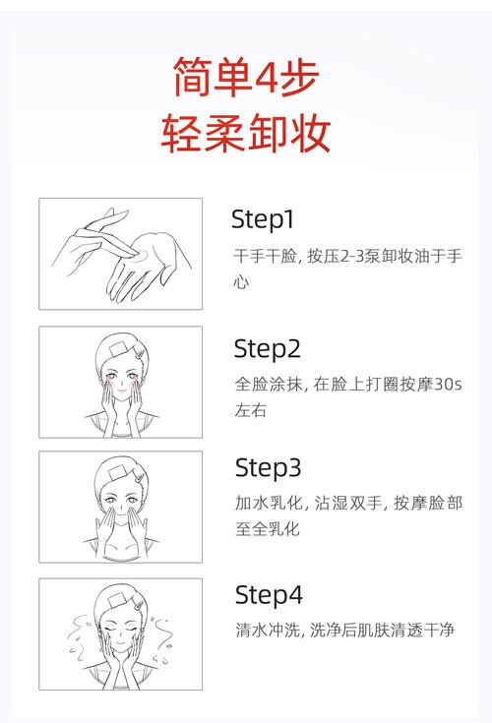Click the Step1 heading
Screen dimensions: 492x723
(x=263, y=219)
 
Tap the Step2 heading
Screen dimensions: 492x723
(x=267, y=349)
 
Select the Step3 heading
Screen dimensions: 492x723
(x=268, y=468)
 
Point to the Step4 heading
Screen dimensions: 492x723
(x=269, y=595)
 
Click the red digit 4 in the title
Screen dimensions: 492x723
(x=265, y=76)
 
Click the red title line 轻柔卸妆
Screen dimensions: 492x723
(x=246, y=134)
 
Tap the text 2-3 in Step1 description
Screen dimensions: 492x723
(x=352, y=256)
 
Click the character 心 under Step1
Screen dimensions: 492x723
(x=241, y=282)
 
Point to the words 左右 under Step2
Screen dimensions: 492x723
(x=250, y=410)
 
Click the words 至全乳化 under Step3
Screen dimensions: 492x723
(x=268, y=529)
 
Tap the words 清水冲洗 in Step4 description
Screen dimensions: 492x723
(x=268, y=630)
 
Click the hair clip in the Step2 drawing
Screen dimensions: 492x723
(x=140, y=355)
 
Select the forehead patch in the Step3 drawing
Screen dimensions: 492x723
(x=117, y=472)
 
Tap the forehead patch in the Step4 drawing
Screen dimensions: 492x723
(x=117, y=599)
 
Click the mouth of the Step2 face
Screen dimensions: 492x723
(x=121, y=394)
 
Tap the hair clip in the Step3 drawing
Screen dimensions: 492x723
(x=139, y=478)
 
